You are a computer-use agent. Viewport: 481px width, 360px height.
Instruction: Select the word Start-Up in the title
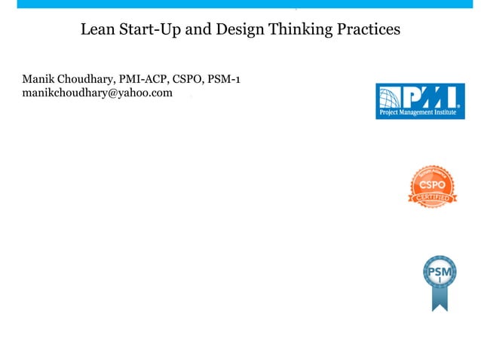pyautogui.click(x=150, y=31)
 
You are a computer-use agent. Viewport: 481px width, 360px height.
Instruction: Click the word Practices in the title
pyautogui.click(x=369, y=31)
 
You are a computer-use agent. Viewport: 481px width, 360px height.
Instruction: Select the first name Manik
pyautogui.click(x=38, y=79)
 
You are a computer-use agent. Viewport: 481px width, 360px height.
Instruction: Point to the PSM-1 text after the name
pyautogui.click(x=223, y=79)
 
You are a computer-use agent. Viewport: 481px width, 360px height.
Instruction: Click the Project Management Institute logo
pyautogui.click(x=420, y=101)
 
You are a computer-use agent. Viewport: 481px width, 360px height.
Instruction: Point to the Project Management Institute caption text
pyautogui.click(x=420, y=114)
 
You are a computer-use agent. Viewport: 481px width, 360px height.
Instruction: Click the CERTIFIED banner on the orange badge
pyautogui.click(x=433, y=198)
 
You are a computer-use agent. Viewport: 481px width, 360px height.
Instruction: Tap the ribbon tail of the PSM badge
pyautogui.click(x=439, y=301)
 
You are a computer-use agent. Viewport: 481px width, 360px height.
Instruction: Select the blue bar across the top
pyautogui.click(x=240, y=4)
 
